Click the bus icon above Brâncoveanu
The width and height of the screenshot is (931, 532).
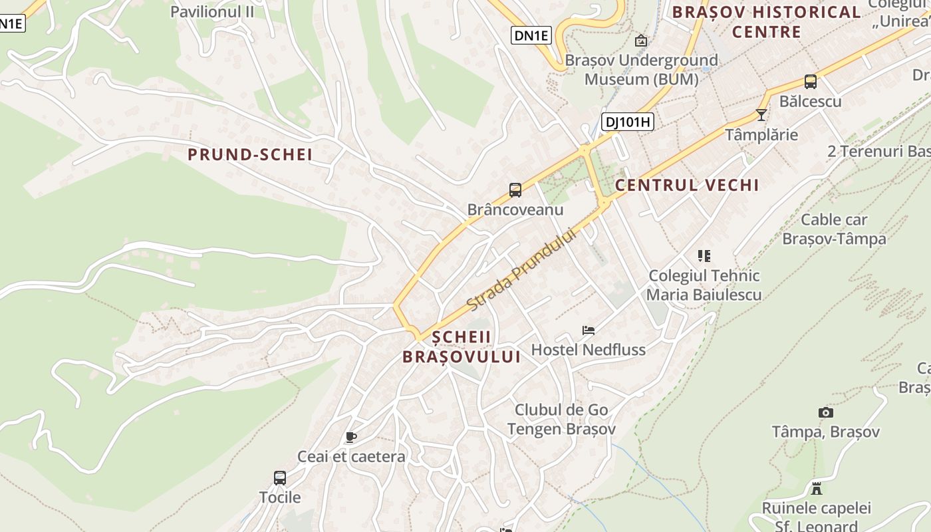515,190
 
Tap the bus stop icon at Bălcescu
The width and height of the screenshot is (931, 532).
810,82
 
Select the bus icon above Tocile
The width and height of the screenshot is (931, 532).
280,477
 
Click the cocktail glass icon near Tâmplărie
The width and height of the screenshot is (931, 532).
761,115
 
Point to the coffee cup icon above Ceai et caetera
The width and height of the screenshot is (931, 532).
351,437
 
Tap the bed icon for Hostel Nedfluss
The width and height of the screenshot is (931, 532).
588,330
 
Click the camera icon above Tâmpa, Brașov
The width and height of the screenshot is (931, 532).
826,412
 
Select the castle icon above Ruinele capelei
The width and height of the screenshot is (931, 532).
817,489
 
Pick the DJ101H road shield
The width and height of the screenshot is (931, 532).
627,122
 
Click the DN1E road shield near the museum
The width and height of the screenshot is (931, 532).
531,35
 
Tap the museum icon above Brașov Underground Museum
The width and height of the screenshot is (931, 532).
640,41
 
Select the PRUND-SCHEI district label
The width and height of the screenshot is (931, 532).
250,155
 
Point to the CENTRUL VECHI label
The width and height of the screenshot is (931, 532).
687,185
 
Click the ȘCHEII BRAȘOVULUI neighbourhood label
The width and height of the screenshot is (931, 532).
462,346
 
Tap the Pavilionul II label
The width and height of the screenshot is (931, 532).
213,11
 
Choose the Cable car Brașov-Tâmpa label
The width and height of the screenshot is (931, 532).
834,229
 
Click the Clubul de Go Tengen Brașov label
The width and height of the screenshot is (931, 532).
561,420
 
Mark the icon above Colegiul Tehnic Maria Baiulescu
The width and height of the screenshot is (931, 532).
704,255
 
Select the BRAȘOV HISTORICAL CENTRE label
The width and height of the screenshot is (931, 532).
766,21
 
